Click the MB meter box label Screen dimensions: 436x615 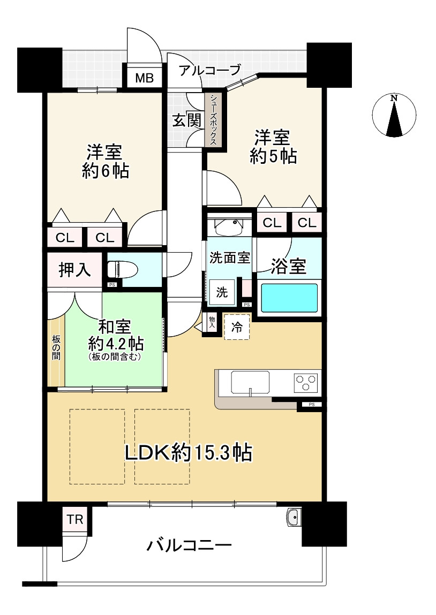pos(145,78)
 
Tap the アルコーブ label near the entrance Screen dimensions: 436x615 pos(209,71)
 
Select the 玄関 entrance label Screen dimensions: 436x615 pos(187,120)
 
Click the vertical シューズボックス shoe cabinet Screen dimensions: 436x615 pos(213,119)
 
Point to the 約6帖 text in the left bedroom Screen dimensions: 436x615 pos(106,171)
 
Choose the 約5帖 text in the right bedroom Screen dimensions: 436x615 pos(273,156)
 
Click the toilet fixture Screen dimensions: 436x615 pos(122,270)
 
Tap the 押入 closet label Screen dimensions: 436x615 pos(74,270)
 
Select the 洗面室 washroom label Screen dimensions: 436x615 pos(230,257)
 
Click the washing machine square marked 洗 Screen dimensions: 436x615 pos(222,292)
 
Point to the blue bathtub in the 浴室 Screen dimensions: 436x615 pos(289,298)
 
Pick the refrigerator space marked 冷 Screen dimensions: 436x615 pos(237,327)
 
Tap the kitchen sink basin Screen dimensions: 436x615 pos(250,382)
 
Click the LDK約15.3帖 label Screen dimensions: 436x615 pos(189,453)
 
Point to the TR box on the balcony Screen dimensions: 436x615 pos(75,519)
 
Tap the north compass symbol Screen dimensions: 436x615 pos(394,116)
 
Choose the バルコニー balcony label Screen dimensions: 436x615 pos(189,545)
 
